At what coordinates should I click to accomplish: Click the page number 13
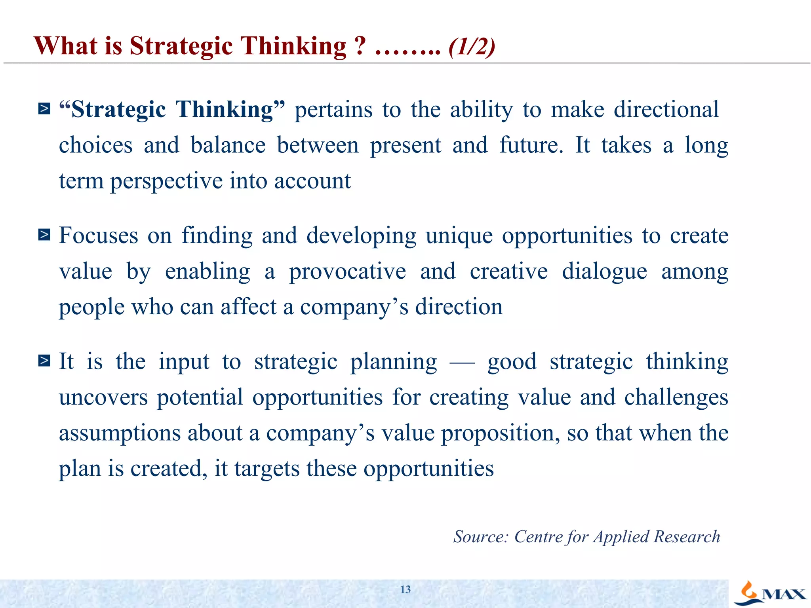click(x=405, y=589)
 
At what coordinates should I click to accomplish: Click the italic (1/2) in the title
click(x=472, y=47)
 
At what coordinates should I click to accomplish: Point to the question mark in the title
click(x=360, y=46)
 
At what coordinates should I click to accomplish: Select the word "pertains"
click(x=333, y=110)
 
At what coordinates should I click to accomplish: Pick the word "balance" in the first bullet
click(x=228, y=145)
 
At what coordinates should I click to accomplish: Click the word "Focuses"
click(x=99, y=236)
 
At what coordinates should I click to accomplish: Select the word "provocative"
click(x=347, y=272)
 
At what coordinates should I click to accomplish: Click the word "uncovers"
click(x=103, y=397)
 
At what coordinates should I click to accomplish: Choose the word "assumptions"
click(x=120, y=433)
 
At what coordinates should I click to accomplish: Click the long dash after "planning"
click(x=462, y=362)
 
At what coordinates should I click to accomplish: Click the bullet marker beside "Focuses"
click(x=44, y=235)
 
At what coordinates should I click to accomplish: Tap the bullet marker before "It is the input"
click(x=44, y=361)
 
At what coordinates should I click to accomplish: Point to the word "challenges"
click(x=676, y=397)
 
